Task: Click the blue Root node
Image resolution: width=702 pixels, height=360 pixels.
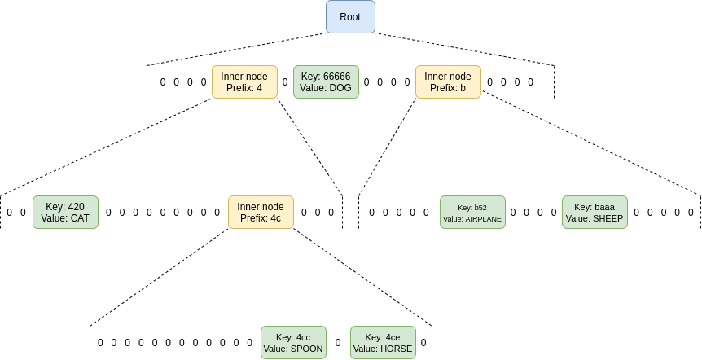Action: (x=350, y=17)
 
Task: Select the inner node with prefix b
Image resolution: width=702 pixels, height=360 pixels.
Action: (x=448, y=82)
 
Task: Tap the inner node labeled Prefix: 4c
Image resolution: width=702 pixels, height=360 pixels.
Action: (x=261, y=212)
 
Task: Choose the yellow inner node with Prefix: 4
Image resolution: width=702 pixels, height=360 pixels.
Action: (x=244, y=82)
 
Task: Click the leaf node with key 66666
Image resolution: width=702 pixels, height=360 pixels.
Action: (x=326, y=82)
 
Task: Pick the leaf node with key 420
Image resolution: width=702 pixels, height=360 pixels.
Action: (x=65, y=212)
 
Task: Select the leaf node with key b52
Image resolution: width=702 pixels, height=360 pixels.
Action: (x=472, y=212)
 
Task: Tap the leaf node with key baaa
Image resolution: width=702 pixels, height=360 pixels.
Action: (x=595, y=212)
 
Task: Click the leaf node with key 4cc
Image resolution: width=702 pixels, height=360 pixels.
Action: (x=293, y=343)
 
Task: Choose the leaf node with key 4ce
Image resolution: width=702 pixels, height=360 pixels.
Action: (x=383, y=343)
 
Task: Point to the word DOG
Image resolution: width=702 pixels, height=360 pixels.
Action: (x=340, y=88)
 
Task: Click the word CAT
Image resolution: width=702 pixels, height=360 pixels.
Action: (x=79, y=218)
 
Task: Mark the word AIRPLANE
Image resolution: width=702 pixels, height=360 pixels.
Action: (x=484, y=219)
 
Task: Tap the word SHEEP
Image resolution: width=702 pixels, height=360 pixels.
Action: (x=608, y=218)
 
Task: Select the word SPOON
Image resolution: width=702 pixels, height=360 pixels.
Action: (x=306, y=349)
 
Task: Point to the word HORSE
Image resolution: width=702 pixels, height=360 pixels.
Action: (x=396, y=349)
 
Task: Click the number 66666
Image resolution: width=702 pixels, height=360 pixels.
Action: (x=336, y=77)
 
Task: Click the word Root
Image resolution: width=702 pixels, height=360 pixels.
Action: (x=350, y=17)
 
